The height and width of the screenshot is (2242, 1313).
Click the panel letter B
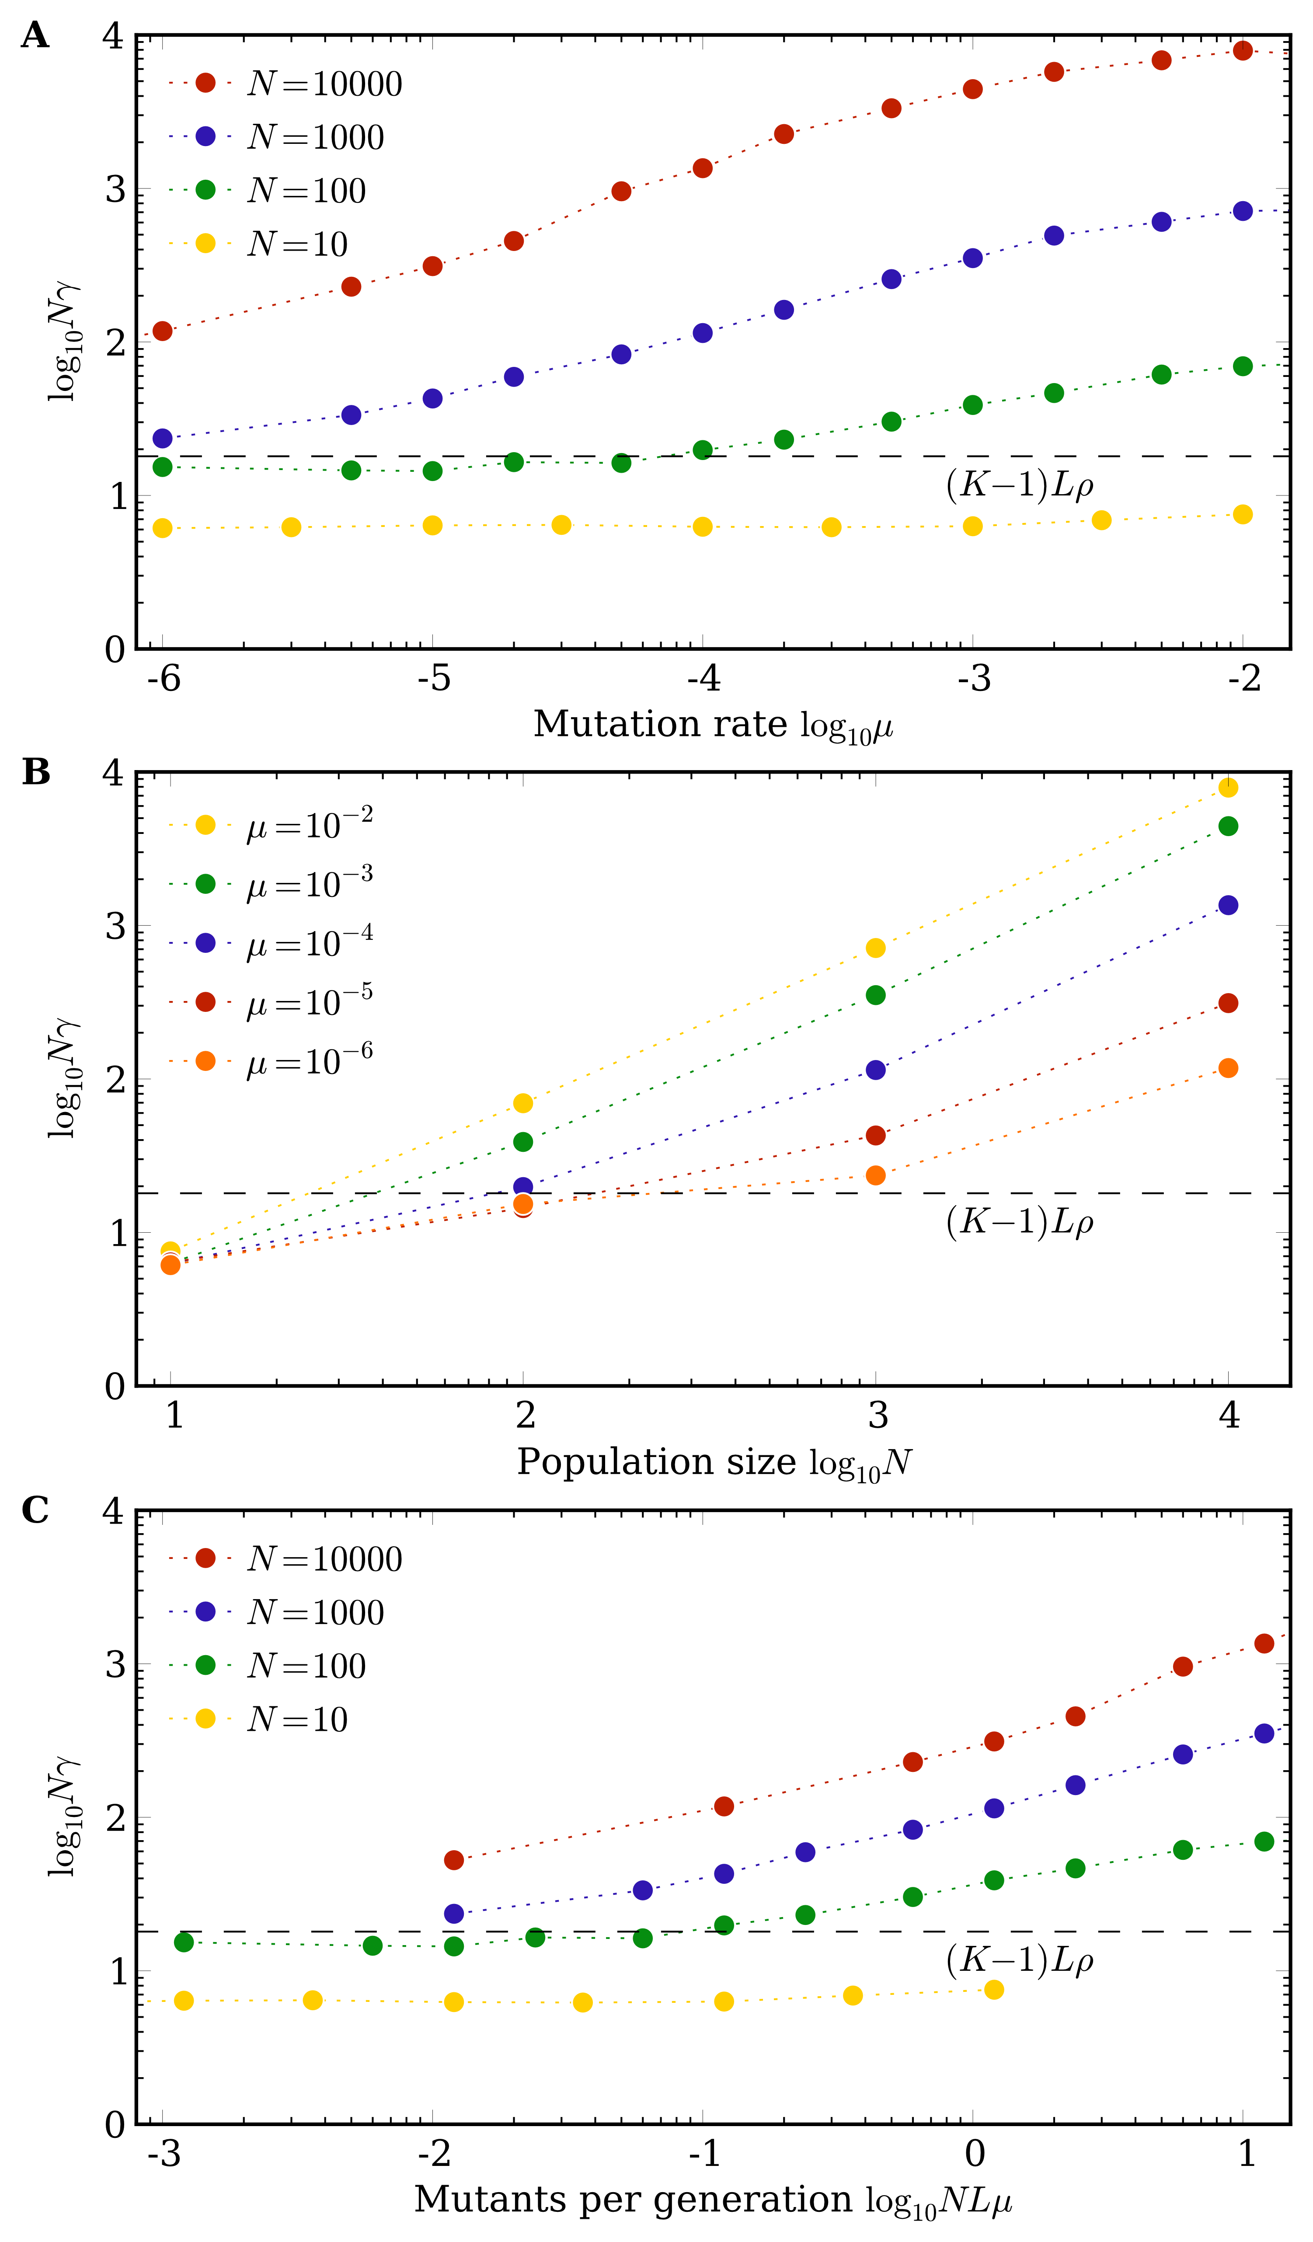(x=35, y=772)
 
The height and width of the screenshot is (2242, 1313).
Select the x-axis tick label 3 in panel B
(x=877, y=1416)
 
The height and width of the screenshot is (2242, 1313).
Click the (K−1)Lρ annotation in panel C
(x=1020, y=1960)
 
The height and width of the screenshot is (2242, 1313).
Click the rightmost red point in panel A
(x=1243, y=51)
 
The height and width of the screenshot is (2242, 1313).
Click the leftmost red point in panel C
(x=454, y=1859)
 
